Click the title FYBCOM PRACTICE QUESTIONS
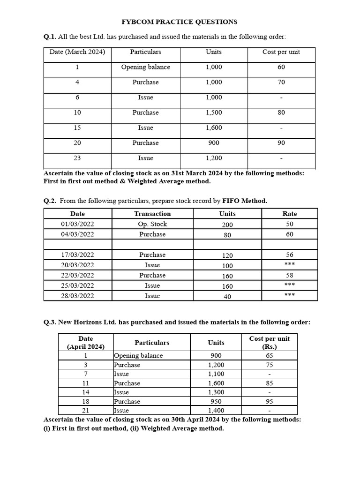180,22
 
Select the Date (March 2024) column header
77,52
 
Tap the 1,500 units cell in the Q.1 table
214,113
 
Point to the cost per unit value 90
281,143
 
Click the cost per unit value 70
281,82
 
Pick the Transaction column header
152,214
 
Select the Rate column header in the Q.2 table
290,214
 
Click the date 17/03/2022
77,255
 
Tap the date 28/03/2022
77,296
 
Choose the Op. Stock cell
152,224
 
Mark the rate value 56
290,255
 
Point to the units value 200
227,225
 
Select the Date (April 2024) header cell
85,343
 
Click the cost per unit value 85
270,383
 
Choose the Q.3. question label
50,322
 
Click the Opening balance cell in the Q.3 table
138,356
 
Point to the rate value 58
290,276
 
